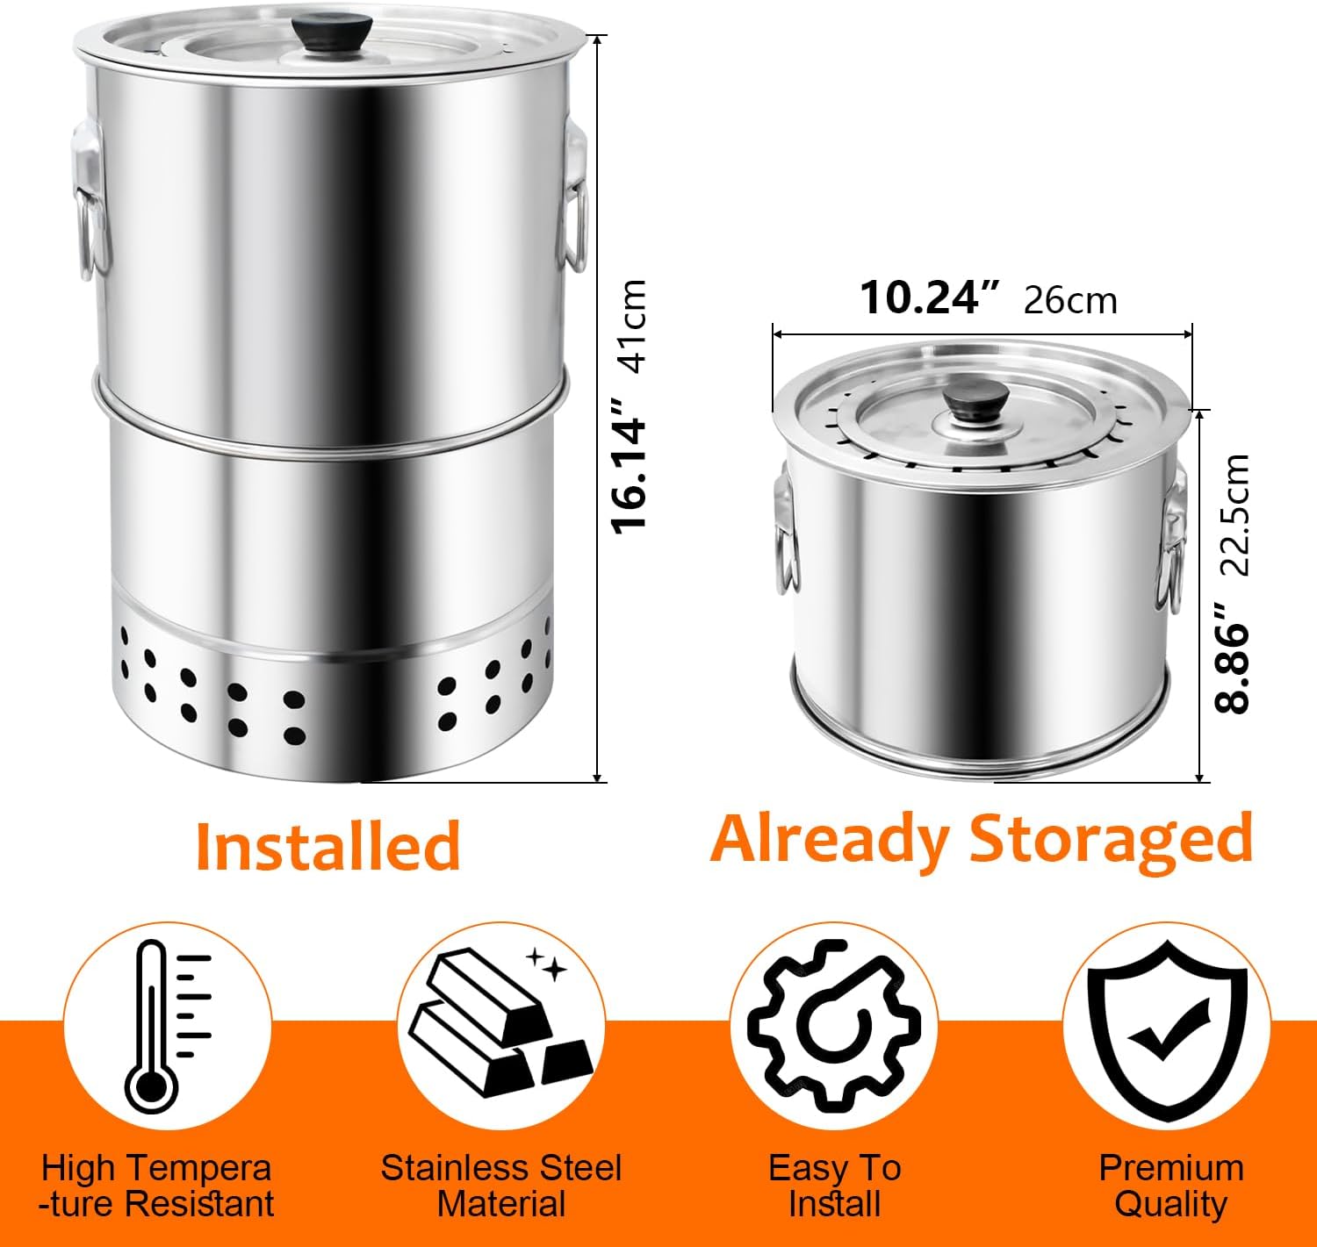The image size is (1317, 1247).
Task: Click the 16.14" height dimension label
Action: [x=630, y=464]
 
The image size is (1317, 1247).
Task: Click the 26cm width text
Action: [x=1070, y=301]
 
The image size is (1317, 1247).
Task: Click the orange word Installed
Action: [x=327, y=845]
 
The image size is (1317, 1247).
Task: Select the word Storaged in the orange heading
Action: [x=1111, y=838]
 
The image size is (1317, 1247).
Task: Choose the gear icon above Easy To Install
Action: [x=833, y=1025]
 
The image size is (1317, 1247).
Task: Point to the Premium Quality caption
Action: [x=1171, y=1186]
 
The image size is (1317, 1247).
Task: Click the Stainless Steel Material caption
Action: [x=501, y=1186]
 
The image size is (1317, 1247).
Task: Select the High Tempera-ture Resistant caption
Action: [x=156, y=1186]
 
